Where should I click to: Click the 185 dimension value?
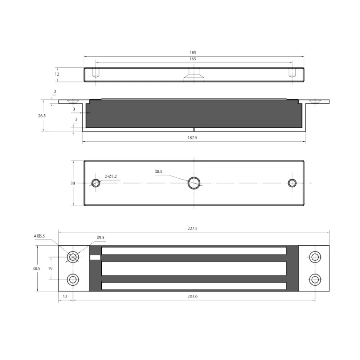point(193,53)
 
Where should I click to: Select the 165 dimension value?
point(193,59)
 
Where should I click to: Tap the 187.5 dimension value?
point(193,138)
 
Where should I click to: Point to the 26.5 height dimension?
point(42,116)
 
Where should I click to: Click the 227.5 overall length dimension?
point(193,229)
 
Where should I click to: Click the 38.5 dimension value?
point(36,268)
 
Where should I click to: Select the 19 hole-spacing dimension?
point(50,268)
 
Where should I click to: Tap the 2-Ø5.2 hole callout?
point(111,176)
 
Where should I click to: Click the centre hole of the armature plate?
point(194,183)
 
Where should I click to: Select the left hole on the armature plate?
point(95,183)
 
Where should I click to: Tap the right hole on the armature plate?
point(292,183)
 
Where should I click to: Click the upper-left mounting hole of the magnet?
point(73,257)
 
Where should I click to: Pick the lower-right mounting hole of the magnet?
point(315,279)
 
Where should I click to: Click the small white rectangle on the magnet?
point(95,257)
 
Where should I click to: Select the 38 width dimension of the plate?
point(72,183)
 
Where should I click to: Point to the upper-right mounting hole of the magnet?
point(315,257)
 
